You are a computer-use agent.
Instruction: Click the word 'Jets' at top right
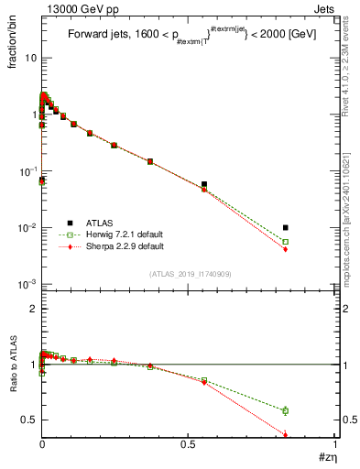click(x=324, y=8)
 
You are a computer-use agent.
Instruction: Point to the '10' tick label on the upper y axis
click(x=29, y=58)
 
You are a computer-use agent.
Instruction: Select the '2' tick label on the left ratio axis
click(x=32, y=309)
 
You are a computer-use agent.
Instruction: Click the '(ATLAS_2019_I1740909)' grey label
click(x=190, y=274)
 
